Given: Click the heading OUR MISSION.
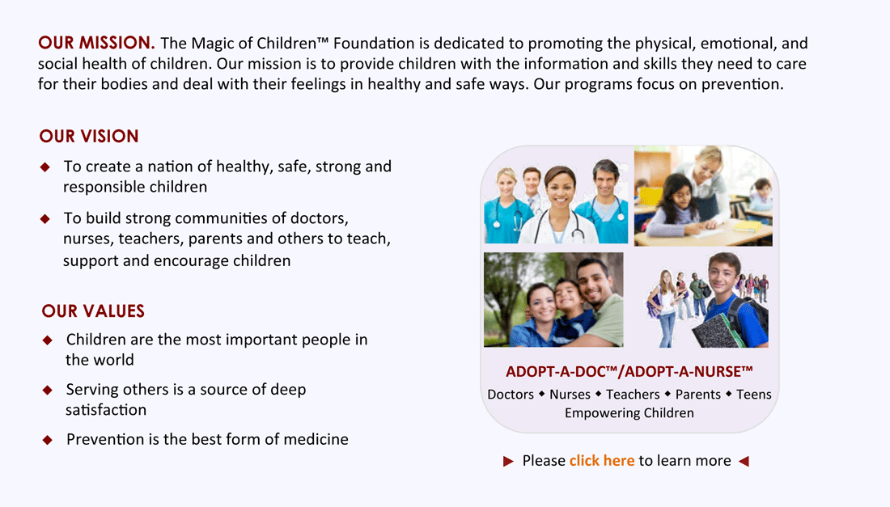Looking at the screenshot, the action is [96, 43].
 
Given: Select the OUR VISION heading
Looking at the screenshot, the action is [89, 136].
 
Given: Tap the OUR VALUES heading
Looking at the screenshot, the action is [93, 311].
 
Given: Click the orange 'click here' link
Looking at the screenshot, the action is [602, 460].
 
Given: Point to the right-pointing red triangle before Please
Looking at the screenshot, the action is [508, 461].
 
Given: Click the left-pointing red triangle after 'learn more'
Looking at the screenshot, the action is [744, 461].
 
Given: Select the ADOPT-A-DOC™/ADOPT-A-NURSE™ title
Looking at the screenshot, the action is [629, 371].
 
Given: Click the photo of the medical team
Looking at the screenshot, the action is [556, 196].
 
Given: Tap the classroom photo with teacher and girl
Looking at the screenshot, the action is [703, 196].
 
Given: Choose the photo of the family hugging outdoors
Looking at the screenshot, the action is [553, 299].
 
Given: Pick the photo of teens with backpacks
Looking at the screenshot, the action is [706, 299].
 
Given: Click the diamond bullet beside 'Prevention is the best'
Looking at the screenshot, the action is [48, 440].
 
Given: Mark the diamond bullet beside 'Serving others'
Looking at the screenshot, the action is [48, 390].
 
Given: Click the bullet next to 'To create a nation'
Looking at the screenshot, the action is [45, 167].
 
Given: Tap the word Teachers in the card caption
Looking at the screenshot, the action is [633, 394].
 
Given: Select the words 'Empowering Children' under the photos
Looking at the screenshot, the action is [629, 413].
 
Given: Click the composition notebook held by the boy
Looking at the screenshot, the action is [718, 331].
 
